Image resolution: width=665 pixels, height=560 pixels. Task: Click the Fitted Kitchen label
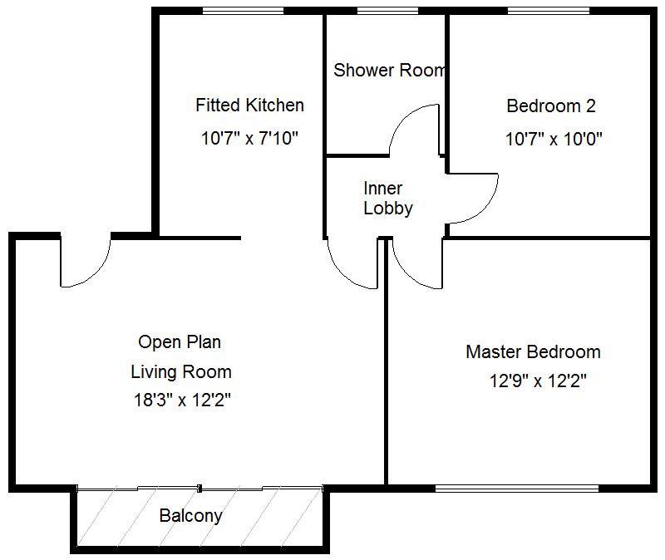click(249, 106)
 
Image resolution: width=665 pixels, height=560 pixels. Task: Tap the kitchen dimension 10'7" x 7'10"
click(249, 139)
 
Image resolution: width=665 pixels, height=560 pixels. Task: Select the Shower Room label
click(389, 70)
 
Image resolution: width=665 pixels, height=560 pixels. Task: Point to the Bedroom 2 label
click(551, 106)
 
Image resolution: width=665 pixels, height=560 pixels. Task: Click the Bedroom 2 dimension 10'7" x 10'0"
click(554, 139)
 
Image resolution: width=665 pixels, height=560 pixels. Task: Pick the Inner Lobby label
click(388, 199)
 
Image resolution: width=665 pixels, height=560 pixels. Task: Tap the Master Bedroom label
click(533, 352)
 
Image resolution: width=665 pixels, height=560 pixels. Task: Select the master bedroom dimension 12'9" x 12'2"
click(539, 382)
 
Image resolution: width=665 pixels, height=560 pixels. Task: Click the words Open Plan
click(180, 341)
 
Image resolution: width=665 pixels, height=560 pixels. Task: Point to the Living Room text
click(181, 371)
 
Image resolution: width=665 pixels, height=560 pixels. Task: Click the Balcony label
click(191, 516)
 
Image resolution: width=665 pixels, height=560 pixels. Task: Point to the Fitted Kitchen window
click(243, 11)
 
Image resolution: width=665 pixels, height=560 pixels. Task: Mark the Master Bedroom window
click(516, 488)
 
